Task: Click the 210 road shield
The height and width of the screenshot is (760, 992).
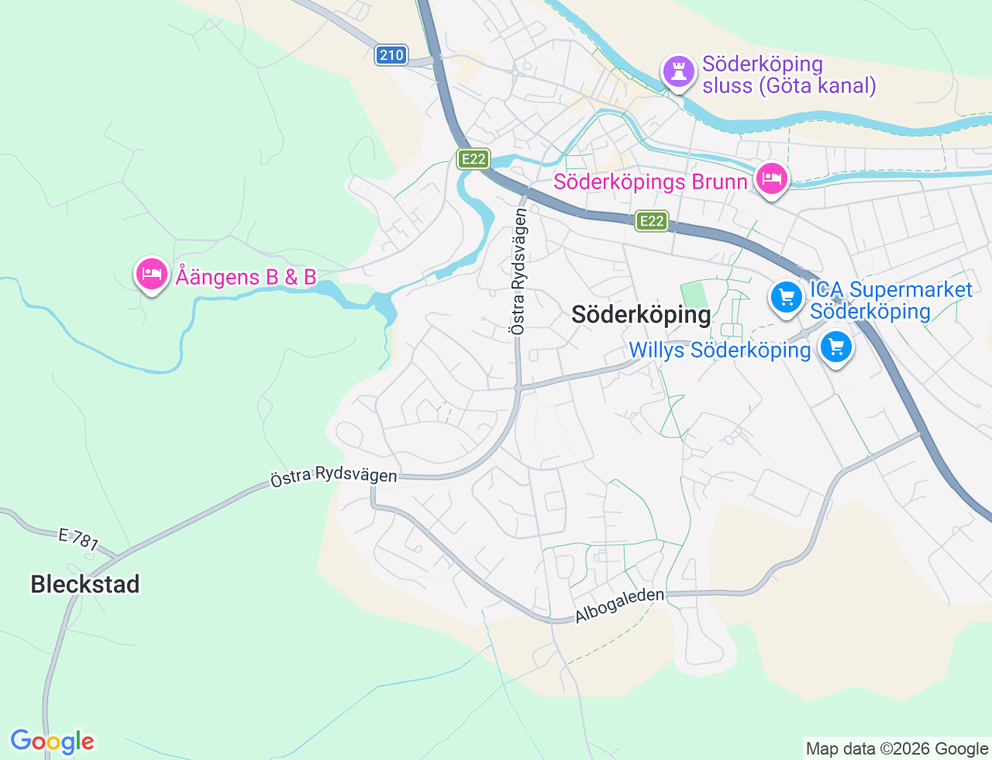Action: pyautogui.click(x=391, y=55)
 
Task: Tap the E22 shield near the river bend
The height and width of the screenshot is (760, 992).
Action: pyautogui.click(x=472, y=159)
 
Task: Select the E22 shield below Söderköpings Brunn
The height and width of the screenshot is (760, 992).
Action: pyautogui.click(x=651, y=221)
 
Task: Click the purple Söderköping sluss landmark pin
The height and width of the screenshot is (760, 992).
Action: pyautogui.click(x=678, y=72)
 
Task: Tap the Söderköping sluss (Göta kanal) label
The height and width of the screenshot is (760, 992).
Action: pyautogui.click(x=789, y=74)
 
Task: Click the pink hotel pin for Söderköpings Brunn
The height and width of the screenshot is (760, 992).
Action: pyautogui.click(x=771, y=179)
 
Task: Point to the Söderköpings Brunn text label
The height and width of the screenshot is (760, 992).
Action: pyautogui.click(x=650, y=182)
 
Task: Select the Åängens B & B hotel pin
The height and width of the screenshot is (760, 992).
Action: pyautogui.click(x=151, y=274)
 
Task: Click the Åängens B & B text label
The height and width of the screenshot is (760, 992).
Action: pyautogui.click(x=246, y=276)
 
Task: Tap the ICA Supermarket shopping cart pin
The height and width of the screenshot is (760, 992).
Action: pyautogui.click(x=787, y=297)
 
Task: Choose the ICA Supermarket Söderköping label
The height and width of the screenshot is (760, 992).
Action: pyautogui.click(x=890, y=301)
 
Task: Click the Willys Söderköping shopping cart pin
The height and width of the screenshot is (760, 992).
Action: pyautogui.click(x=836, y=347)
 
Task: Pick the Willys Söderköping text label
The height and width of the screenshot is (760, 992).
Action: pyautogui.click(x=719, y=351)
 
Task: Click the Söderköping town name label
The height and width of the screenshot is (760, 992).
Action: pyautogui.click(x=641, y=314)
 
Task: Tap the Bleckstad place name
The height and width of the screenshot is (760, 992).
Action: pyautogui.click(x=85, y=584)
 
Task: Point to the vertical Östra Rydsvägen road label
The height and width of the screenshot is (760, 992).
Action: pyautogui.click(x=518, y=272)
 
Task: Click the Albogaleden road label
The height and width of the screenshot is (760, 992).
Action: pyautogui.click(x=619, y=606)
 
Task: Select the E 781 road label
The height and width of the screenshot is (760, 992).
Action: pyautogui.click(x=78, y=539)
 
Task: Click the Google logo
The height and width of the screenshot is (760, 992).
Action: pyautogui.click(x=52, y=741)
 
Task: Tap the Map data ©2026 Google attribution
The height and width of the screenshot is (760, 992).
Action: pyautogui.click(x=897, y=748)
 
